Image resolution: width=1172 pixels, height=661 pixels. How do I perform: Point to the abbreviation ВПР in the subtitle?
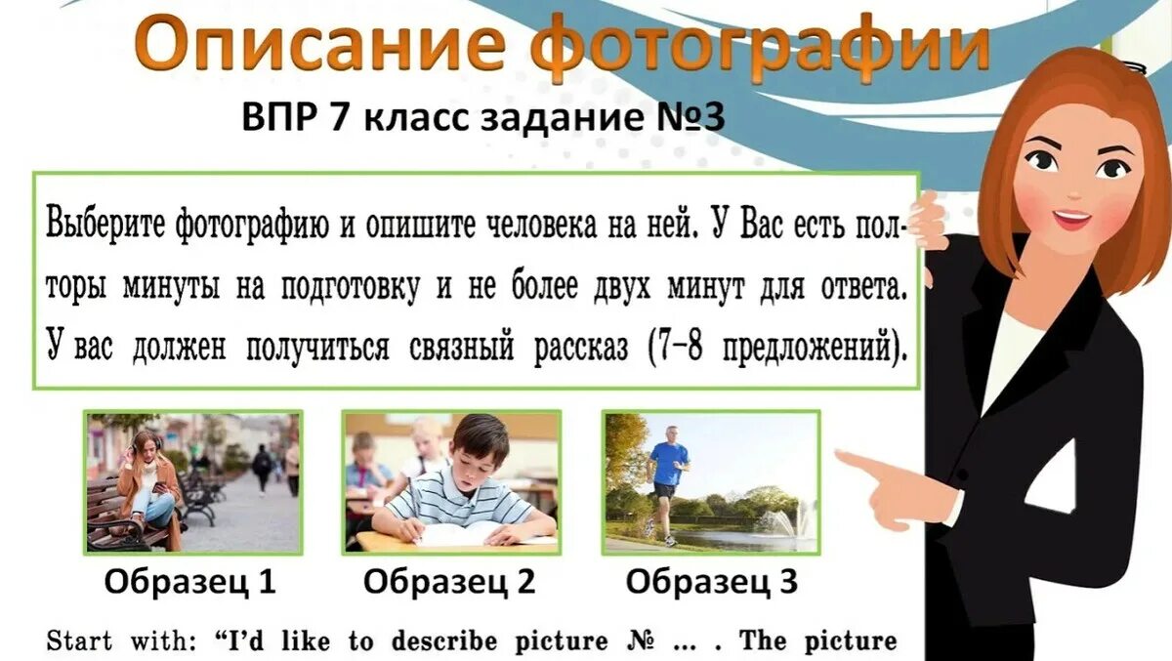[x=279, y=118]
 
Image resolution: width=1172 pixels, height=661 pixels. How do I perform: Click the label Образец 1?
[x=190, y=582]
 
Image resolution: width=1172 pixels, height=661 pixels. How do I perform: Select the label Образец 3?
[x=712, y=582]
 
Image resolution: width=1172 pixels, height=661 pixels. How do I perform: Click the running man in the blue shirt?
[x=668, y=478]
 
